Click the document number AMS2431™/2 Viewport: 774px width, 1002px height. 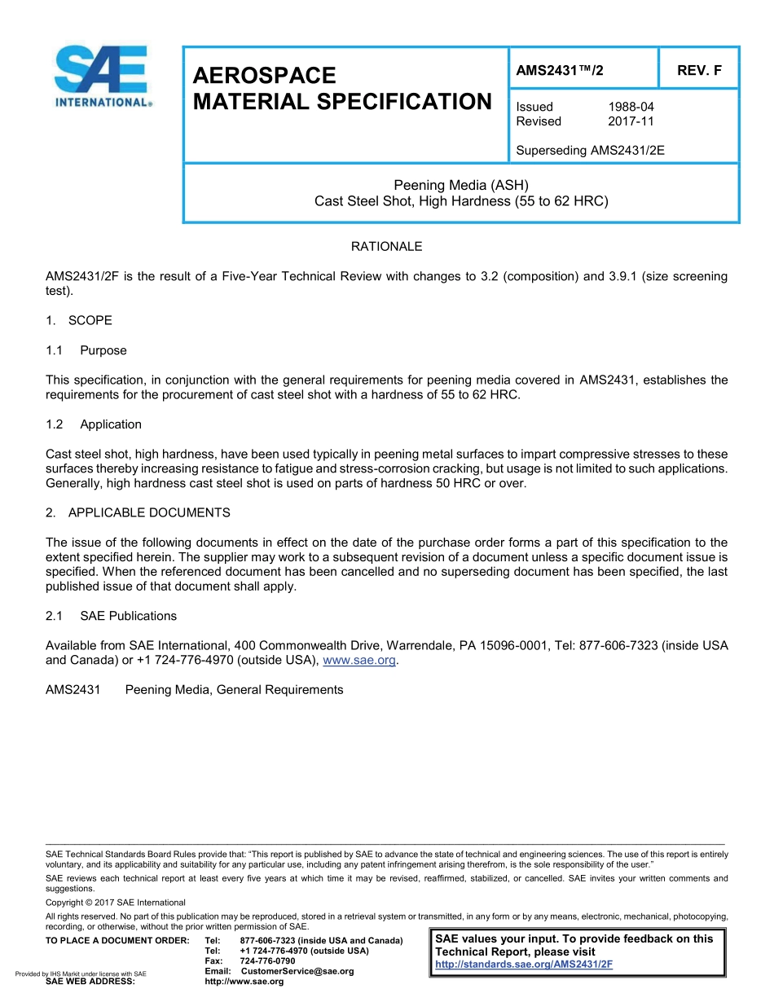click(560, 70)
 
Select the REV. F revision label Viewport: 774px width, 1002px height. click(699, 70)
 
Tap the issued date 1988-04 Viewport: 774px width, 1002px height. click(631, 107)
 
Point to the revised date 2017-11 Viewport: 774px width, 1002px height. click(631, 121)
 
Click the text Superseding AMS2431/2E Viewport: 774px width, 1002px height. click(590, 150)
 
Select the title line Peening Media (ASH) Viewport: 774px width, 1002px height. click(461, 185)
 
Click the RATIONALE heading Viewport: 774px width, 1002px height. click(386, 246)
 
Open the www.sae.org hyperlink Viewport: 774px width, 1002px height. click(359, 661)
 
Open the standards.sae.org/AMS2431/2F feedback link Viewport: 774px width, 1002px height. click(524, 965)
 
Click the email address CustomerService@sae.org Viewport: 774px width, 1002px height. click(297, 971)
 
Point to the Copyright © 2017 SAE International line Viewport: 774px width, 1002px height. click(116, 903)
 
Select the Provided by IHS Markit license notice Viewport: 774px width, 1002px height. click(81, 974)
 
